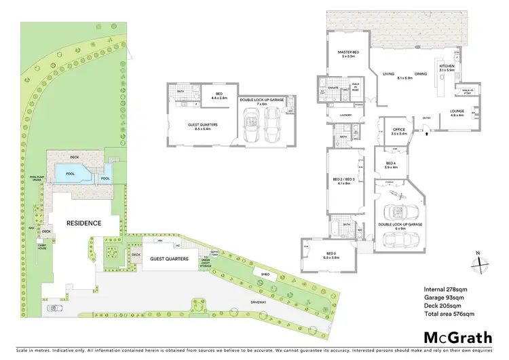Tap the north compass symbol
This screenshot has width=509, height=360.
click(478, 262)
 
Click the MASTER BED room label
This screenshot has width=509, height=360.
click(349, 54)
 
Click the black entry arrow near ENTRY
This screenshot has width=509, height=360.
click(426, 134)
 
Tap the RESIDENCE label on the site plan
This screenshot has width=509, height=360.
click(83, 223)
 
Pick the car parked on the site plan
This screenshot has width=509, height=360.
click(53, 308)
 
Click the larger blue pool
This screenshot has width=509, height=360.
click(71, 173)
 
